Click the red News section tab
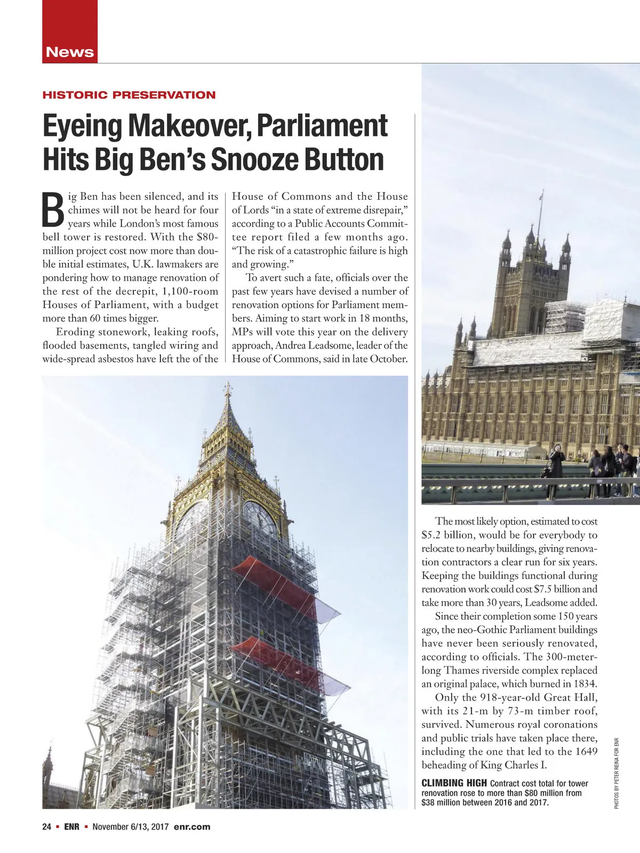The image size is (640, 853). click(x=70, y=52)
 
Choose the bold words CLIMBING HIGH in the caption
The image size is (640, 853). click(x=454, y=783)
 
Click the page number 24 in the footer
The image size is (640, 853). click(x=47, y=827)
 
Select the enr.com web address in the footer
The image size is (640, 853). click(x=192, y=827)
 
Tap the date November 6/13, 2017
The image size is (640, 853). click(x=130, y=827)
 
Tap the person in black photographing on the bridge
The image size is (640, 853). click(x=557, y=461)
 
